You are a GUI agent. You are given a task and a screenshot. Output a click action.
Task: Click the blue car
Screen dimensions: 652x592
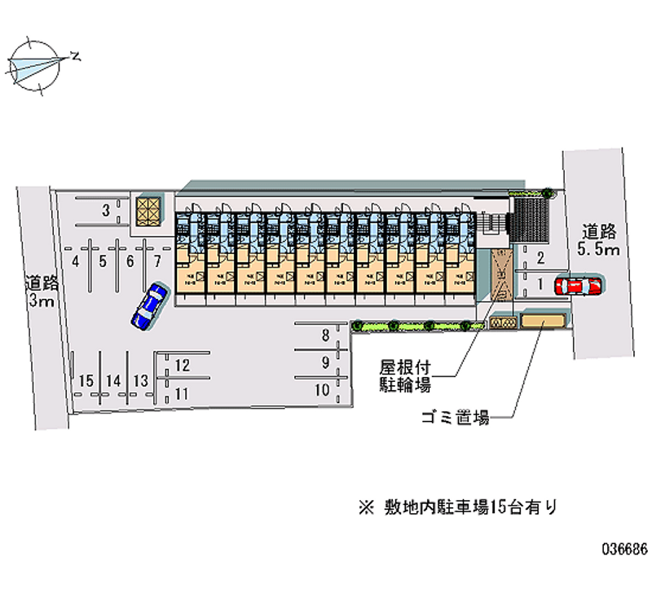150,306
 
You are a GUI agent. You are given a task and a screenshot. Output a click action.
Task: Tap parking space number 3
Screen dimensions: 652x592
106,212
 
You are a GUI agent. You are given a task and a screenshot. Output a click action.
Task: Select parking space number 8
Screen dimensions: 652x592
325,334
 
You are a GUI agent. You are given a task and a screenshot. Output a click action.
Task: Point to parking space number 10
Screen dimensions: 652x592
323,389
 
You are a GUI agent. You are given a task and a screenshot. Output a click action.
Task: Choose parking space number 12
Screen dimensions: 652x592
183,366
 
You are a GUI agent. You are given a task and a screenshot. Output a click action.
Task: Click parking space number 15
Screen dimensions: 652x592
86,380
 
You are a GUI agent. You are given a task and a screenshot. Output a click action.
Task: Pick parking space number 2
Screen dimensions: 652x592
541,259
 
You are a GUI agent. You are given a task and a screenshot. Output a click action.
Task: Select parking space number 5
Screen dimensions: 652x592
103,261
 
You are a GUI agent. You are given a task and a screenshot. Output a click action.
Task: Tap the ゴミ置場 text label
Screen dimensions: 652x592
455,419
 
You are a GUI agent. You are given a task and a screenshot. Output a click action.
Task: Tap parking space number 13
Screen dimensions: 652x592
141,380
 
